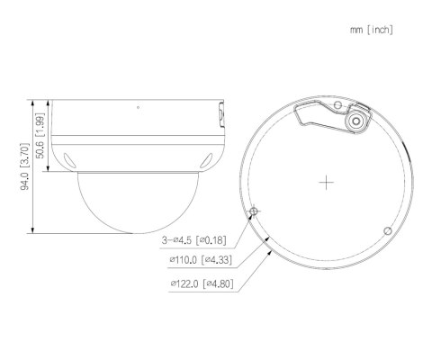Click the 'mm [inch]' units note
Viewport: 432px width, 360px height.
click(371, 30)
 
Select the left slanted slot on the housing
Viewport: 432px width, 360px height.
click(67, 160)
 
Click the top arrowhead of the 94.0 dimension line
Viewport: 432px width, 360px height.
click(32, 99)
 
